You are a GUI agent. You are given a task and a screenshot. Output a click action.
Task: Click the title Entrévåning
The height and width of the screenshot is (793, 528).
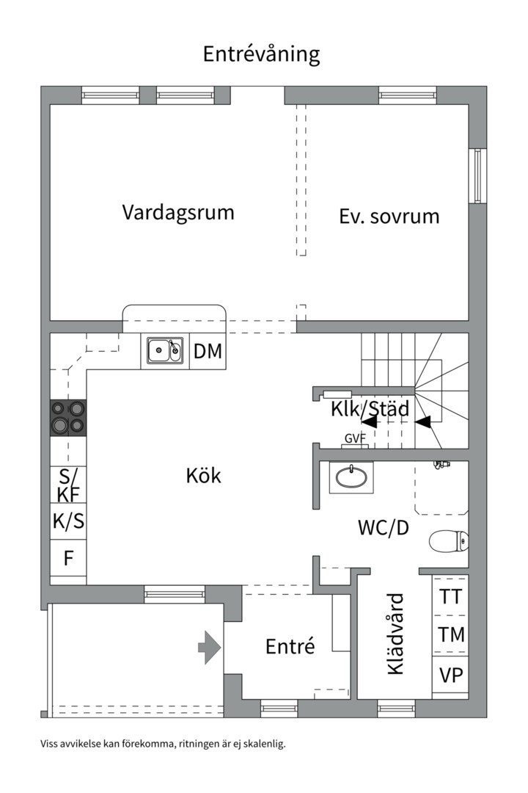click(x=261, y=54)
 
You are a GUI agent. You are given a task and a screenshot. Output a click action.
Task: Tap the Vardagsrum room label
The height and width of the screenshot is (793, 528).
click(x=178, y=213)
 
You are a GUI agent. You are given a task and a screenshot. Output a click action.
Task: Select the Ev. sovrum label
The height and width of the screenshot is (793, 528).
click(x=389, y=217)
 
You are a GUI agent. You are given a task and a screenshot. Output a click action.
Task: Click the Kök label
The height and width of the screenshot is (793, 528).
click(x=203, y=475)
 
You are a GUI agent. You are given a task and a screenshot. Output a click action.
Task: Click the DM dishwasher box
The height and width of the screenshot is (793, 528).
click(x=208, y=352)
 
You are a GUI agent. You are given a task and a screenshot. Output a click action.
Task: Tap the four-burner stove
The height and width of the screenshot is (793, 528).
click(x=67, y=418)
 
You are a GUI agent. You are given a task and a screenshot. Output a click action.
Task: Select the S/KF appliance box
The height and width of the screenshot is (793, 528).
click(x=68, y=484)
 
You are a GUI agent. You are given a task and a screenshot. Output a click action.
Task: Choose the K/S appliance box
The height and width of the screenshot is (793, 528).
click(x=68, y=521)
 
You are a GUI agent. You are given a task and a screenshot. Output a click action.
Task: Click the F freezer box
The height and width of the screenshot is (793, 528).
click(x=68, y=558)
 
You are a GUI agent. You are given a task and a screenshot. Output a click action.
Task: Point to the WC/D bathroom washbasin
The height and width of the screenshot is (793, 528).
click(x=352, y=478)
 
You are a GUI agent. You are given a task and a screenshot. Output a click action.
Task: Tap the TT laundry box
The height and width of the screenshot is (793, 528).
click(x=450, y=596)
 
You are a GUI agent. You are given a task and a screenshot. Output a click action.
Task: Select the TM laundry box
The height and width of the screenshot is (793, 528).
click(x=450, y=634)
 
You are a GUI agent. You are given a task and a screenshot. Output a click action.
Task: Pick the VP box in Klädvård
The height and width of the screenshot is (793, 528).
click(x=450, y=674)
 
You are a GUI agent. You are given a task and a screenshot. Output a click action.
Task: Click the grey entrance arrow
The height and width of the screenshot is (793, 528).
click(x=210, y=648)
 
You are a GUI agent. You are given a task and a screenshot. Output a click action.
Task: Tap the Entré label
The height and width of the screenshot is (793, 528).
click(x=290, y=646)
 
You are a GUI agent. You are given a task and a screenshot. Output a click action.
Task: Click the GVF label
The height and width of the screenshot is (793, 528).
click(x=355, y=439)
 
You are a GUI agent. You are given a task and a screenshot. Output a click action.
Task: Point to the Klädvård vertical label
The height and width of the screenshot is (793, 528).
click(x=395, y=634)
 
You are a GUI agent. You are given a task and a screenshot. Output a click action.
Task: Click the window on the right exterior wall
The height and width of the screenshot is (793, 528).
click(x=478, y=175)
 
